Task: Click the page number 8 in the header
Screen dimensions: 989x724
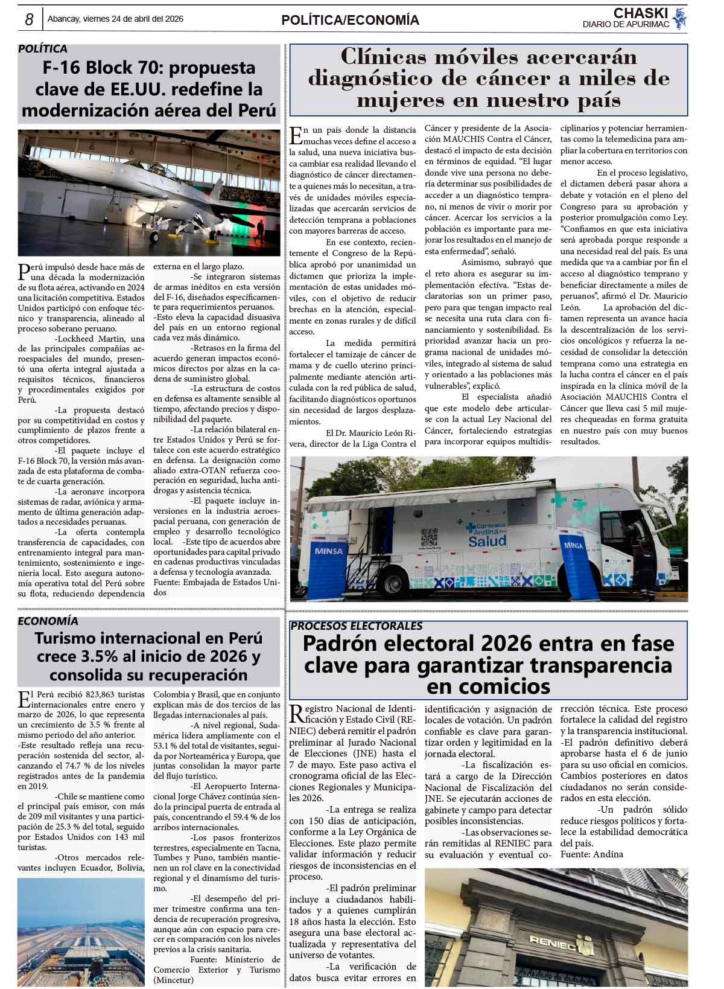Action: (28, 19)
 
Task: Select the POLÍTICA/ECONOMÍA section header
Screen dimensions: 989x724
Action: (350, 20)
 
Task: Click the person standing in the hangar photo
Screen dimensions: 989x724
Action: (260, 229)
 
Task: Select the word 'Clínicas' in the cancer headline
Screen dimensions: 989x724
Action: (381, 57)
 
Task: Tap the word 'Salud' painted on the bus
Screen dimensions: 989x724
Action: (487, 540)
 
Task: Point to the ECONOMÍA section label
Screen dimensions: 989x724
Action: (48, 621)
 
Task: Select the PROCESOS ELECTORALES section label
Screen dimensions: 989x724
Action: (356, 626)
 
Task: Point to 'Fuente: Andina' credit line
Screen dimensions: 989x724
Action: (591, 854)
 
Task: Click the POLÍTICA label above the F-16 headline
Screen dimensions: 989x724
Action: (43, 49)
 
